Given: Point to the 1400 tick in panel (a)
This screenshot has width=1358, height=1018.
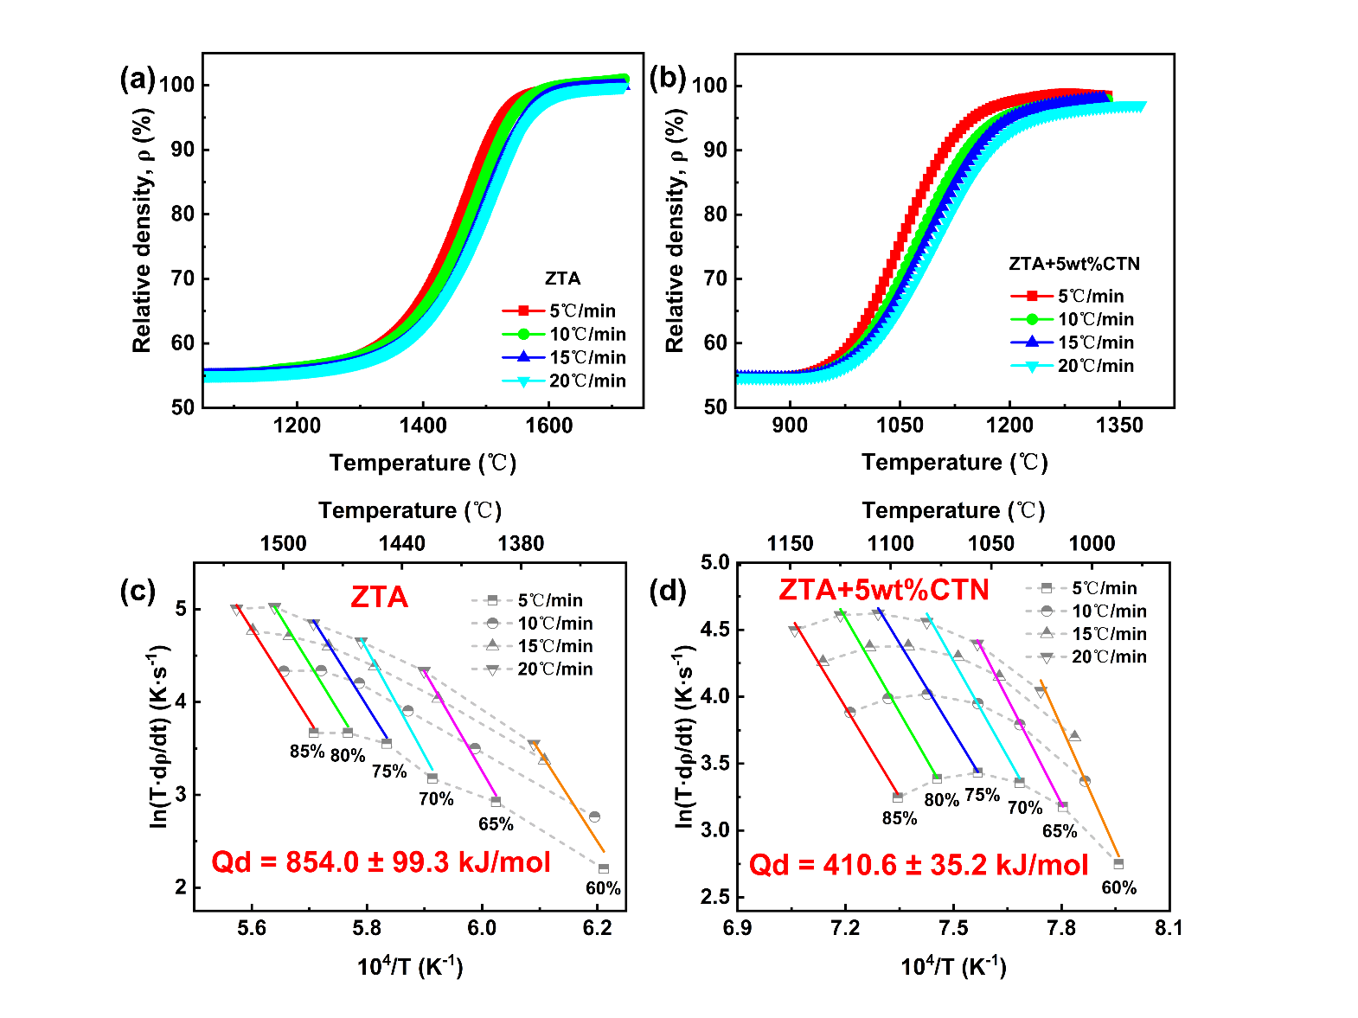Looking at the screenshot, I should [x=423, y=425].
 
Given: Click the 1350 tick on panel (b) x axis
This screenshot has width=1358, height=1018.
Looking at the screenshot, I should [x=1119, y=425].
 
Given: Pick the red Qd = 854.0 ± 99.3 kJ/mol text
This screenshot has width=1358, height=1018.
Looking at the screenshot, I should [x=381, y=862].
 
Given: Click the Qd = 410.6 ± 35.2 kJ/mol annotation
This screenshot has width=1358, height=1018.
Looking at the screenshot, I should [x=919, y=865].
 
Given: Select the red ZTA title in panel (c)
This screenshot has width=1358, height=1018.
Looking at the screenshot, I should [x=379, y=597].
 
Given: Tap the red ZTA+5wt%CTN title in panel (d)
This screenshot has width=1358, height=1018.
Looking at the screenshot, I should [x=883, y=590].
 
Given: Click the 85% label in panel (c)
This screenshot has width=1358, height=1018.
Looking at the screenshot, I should [x=306, y=752].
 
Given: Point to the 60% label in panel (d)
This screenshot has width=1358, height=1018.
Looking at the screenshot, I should [x=1118, y=887].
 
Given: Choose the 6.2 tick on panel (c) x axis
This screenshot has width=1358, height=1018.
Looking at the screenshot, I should [x=597, y=928].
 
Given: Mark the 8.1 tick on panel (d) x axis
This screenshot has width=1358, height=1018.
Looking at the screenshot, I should [x=1169, y=928].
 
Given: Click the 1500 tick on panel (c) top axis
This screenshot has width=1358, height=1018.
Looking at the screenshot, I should [x=284, y=543].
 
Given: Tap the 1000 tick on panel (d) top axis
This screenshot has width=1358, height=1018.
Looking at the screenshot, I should [x=1092, y=543].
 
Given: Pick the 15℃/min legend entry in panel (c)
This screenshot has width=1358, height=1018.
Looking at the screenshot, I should [x=554, y=646].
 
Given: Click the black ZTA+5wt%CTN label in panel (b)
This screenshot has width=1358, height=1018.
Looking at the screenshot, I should [x=1074, y=264].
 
